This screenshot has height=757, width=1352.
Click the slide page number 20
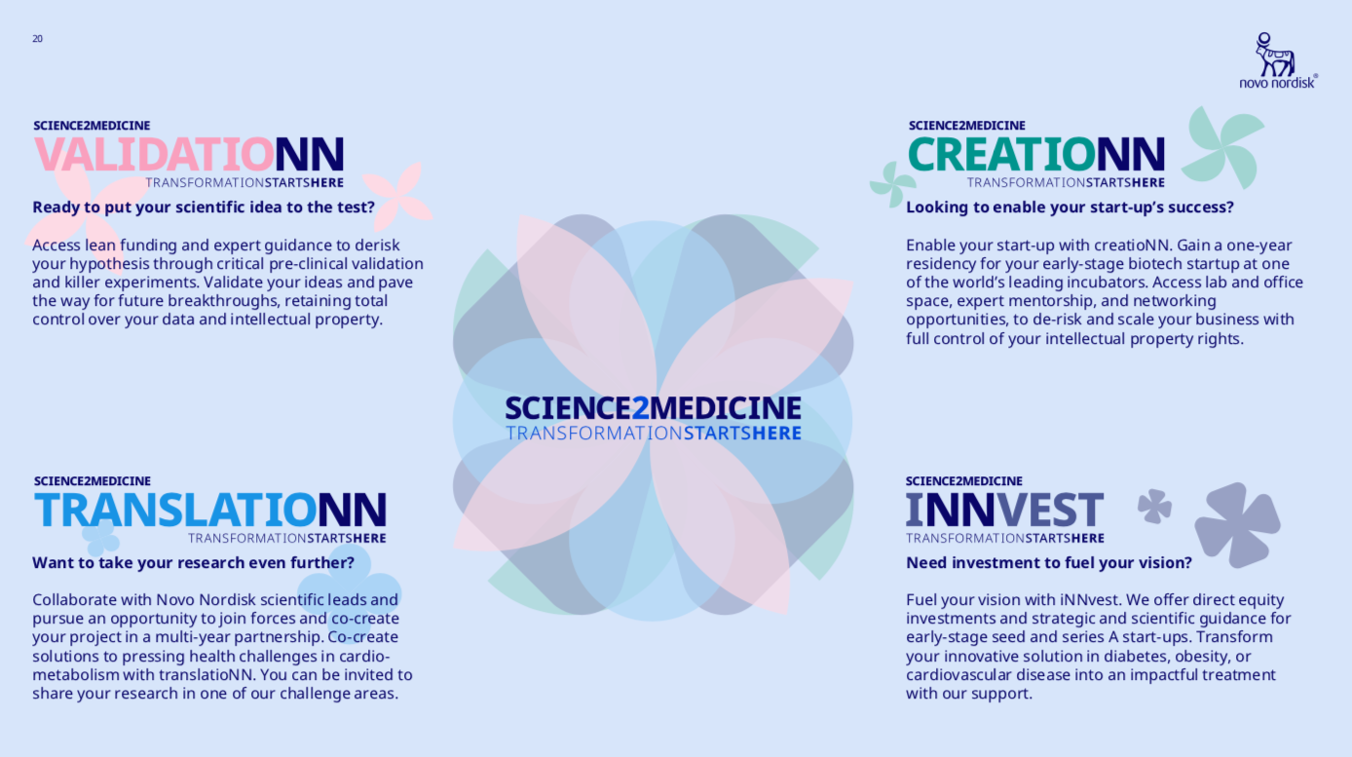point(37,39)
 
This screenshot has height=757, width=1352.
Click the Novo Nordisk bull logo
point(1274,55)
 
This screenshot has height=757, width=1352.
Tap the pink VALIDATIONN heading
point(189,154)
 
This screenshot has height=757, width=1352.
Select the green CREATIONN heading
point(1036,154)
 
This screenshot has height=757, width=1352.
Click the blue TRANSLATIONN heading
point(210,511)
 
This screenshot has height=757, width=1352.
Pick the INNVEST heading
point(1005,511)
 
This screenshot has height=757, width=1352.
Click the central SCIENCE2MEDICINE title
point(653,408)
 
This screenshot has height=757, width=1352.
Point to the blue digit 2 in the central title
point(640,408)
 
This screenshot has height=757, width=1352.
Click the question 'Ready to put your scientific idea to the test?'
point(204,208)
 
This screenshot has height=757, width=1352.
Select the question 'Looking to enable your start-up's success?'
point(1070,208)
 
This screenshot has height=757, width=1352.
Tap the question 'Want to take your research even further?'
point(193,562)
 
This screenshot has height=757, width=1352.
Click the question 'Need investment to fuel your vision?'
point(1049,562)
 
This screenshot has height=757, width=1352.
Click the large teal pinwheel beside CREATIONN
point(1224,148)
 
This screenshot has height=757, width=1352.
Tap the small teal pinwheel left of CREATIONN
point(892,183)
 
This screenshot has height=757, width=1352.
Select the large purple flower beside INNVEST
point(1237,525)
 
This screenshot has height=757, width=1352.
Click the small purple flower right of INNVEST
point(1154,506)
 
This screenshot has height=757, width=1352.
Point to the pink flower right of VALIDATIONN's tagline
point(397,196)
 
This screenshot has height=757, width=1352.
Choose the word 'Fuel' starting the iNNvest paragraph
point(920,600)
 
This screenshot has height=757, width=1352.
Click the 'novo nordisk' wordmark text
point(1277,83)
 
